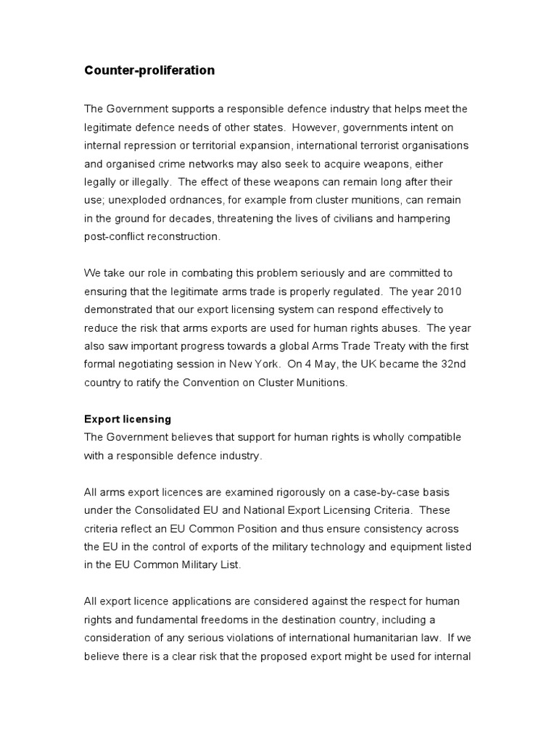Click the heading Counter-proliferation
149,70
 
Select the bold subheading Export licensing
128,419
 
